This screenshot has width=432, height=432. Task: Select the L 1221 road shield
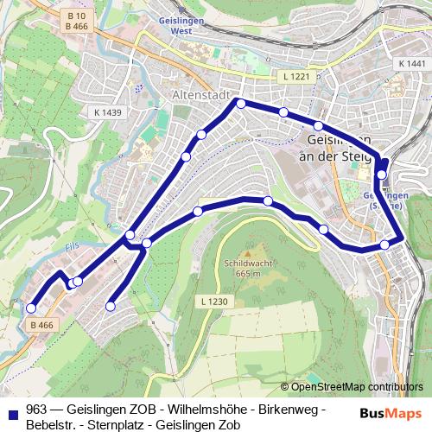point(295,78)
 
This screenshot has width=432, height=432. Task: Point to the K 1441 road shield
point(413,65)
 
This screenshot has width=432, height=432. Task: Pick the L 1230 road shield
point(213,302)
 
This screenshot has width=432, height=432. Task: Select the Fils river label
point(73,246)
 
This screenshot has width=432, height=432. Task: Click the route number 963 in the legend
point(36,408)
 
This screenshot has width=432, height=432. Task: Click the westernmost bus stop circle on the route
point(31,308)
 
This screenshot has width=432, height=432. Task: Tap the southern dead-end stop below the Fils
point(111,306)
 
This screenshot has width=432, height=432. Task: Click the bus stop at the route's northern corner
point(241,104)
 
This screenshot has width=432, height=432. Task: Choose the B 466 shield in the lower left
point(41,325)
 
